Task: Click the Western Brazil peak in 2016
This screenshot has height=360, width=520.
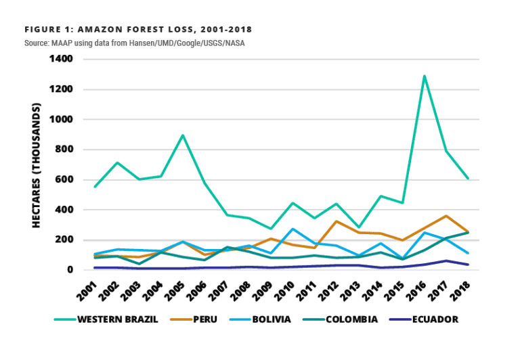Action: pos(425,76)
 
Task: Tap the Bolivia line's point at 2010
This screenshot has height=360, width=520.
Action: pos(292,229)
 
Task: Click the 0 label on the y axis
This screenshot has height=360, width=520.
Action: pos(70,270)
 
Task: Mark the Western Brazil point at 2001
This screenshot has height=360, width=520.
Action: pos(95,187)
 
